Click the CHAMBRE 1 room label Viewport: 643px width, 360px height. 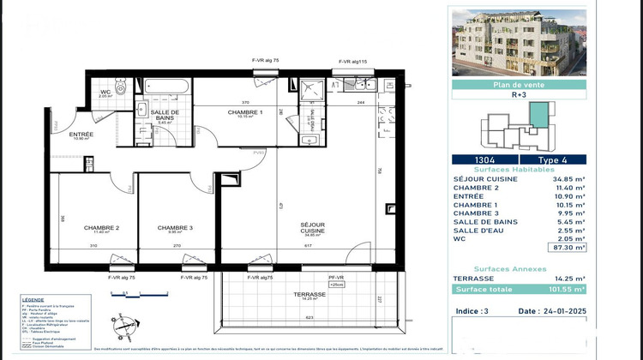[245, 113]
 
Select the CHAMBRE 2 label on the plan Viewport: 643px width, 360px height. [101, 228]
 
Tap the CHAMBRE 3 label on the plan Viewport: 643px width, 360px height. [174, 228]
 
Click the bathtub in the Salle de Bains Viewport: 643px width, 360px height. [168, 87]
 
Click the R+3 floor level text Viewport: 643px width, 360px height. [519, 97]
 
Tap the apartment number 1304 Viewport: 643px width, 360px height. [484, 159]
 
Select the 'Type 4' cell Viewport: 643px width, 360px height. [553, 159]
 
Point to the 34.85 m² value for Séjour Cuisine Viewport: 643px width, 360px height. [567, 177]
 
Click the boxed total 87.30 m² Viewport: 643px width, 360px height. [568, 248]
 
